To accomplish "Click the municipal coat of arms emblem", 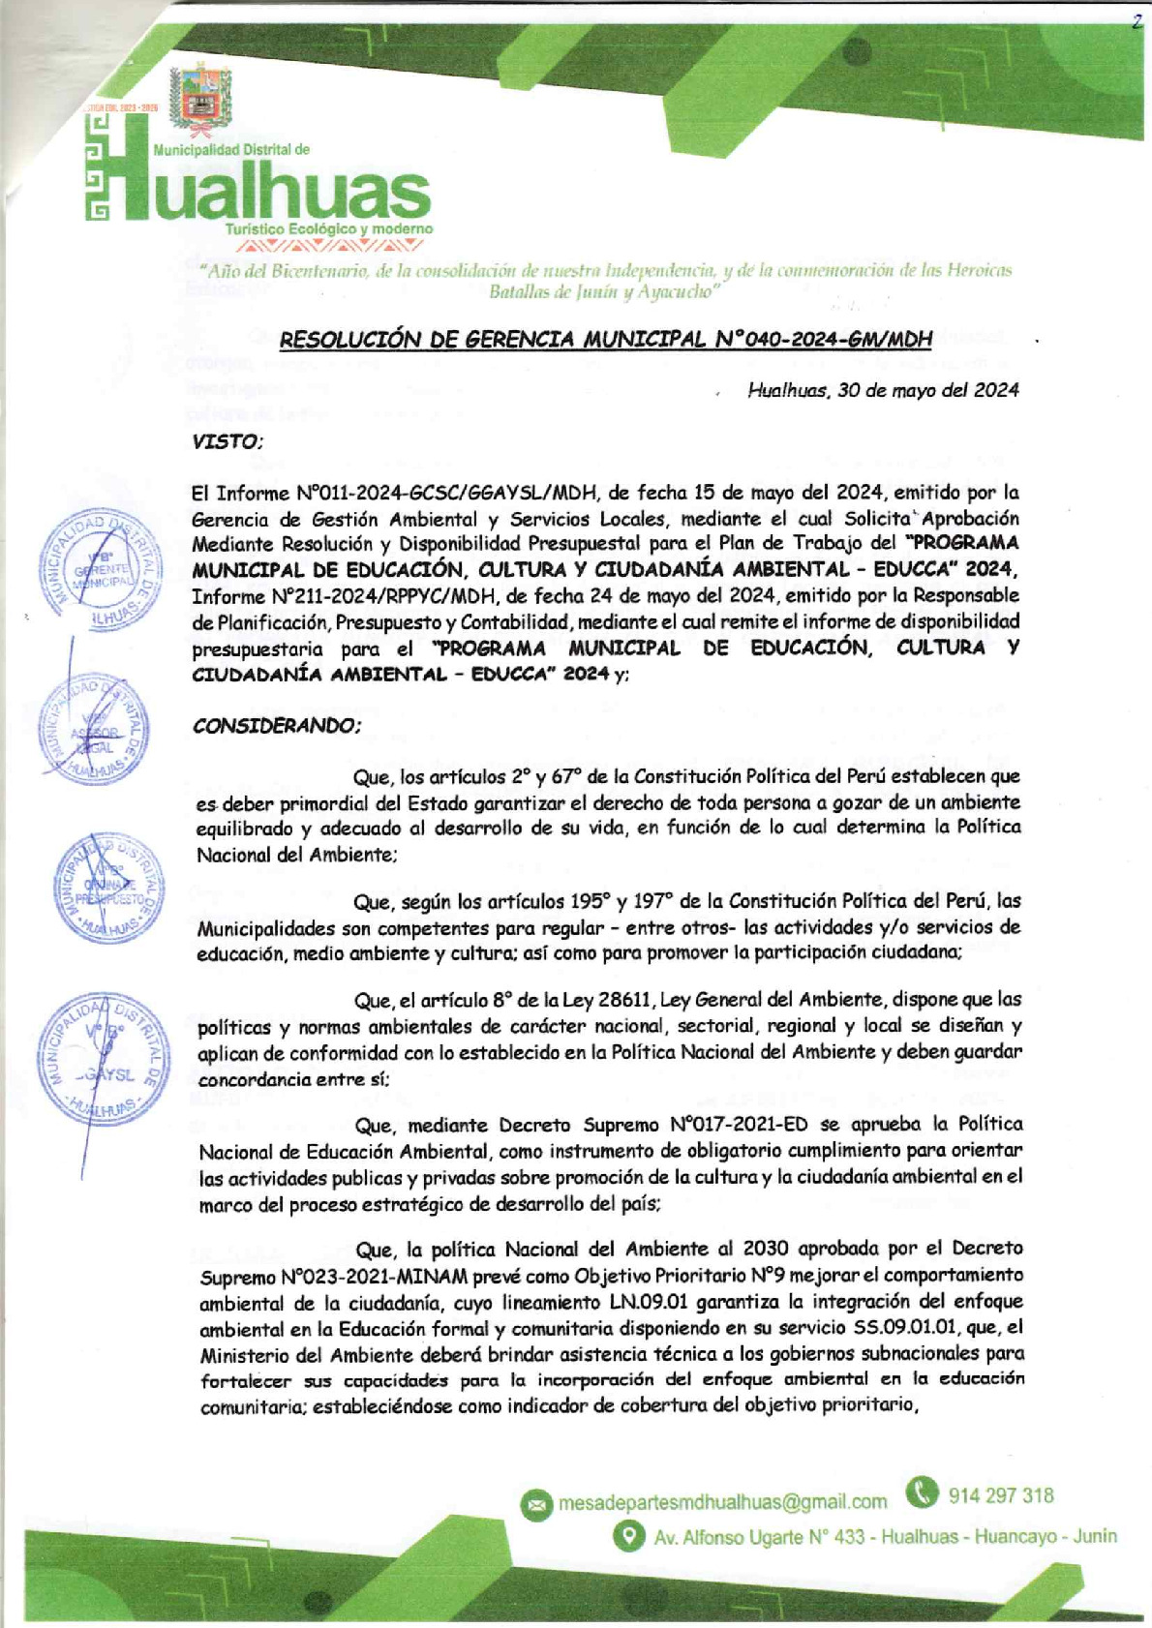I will pyautogui.click(x=199, y=96).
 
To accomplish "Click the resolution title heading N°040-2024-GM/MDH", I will pyautogui.click(x=605, y=339).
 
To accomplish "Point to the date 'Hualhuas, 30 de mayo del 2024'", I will pyautogui.click(x=883, y=390).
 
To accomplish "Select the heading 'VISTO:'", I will pyautogui.click(x=227, y=442).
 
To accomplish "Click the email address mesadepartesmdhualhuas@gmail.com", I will pyautogui.click(x=722, y=1502).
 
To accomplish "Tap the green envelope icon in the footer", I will pyautogui.click(x=535, y=1504).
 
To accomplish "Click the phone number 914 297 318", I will pyautogui.click(x=1001, y=1495).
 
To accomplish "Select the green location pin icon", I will pyautogui.click(x=629, y=1536).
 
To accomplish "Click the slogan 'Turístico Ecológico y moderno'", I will pyautogui.click(x=329, y=229).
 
